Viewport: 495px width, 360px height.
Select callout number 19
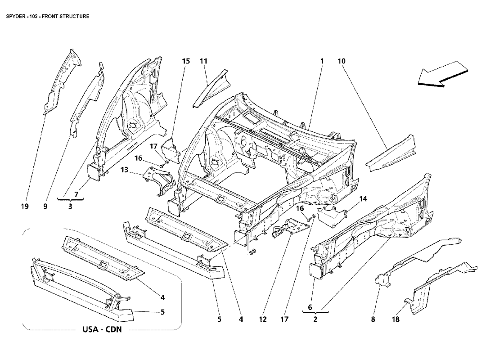(x=25, y=207)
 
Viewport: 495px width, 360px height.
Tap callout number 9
(x=45, y=207)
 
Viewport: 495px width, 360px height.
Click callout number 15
(x=186, y=61)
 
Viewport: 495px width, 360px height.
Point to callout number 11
(x=203, y=61)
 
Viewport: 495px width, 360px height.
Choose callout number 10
(x=342, y=61)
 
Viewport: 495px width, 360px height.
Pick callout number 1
(x=322, y=61)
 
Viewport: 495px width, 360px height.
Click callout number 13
(x=124, y=170)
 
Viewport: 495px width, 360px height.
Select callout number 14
(x=363, y=199)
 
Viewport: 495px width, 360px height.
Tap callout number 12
(x=263, y=319)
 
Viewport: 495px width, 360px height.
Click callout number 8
(x=373, y=319)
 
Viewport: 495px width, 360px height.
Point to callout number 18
(x=396, y=319)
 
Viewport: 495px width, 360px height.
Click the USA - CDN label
(x=102, y=330)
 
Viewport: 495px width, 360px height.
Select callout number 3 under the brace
(x=70, y=207)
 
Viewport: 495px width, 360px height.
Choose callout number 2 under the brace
(x=315, y=319)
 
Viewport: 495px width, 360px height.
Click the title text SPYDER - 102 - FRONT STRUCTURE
(x=48, y=16)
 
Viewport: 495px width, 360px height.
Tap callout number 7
(x=76, y=194)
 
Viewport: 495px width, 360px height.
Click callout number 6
(x=310, y=307)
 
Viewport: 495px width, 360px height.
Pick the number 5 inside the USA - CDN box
(x=162, y=312)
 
